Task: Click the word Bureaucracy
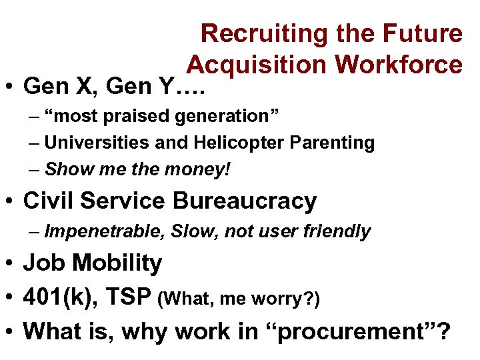(x=245, y=201)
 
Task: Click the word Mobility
(x=117, y=263)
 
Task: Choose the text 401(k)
(x=57, y=297)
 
